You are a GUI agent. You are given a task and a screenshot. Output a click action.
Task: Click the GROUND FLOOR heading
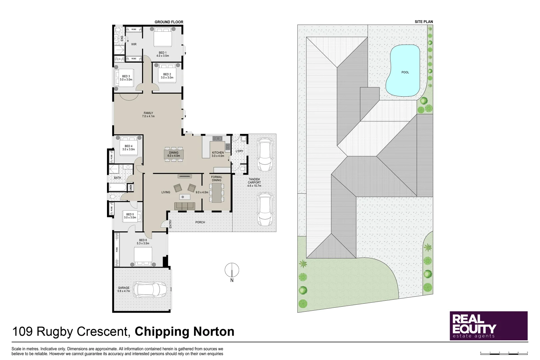(169, 22)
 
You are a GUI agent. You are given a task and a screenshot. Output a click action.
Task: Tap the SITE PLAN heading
(424, 22)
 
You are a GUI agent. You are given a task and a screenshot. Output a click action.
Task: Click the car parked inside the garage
(150, 289)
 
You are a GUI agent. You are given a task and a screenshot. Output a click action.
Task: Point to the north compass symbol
(232, 270)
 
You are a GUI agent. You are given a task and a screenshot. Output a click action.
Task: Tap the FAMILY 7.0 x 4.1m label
(148, 115)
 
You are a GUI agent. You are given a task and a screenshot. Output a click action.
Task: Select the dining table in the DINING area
(174, 154)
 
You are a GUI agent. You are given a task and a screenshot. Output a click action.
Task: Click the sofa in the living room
(185, 206)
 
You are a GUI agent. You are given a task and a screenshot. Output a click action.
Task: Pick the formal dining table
(217, 192)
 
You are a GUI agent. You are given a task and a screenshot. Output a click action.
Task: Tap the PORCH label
(200, 222)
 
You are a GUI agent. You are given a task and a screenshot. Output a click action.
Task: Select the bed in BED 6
(143, 256)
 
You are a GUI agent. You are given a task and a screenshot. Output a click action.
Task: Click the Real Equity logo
(488, 326)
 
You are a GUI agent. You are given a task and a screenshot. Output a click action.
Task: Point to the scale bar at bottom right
(504, 352)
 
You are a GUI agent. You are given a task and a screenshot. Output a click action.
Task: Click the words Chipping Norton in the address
(184, 332)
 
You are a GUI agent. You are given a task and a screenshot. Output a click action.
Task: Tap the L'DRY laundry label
(239, 151)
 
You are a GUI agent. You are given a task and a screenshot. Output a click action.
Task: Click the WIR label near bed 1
(134, 44)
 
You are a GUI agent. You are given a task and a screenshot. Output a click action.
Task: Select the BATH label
(117, 178)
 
